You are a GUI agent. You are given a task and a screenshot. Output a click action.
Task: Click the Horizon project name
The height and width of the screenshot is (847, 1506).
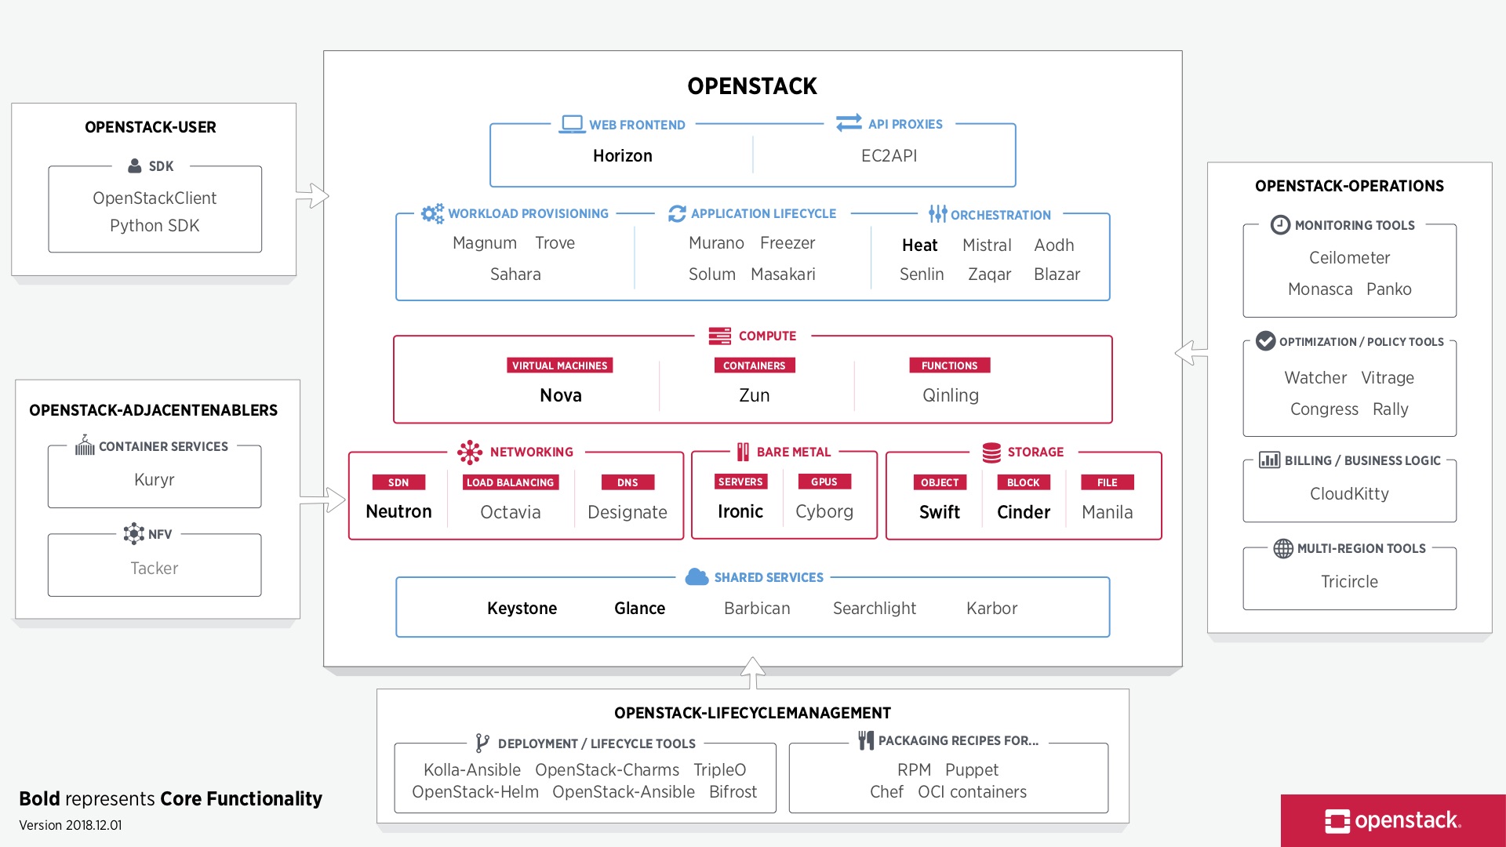click(622, 155)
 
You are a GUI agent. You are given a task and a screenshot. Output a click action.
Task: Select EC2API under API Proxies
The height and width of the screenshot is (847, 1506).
click(889, 155)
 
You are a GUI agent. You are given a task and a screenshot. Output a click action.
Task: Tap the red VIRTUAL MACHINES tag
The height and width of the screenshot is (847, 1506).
click(559, 365)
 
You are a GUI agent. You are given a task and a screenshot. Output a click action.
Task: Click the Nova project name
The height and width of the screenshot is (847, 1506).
click(560, 395)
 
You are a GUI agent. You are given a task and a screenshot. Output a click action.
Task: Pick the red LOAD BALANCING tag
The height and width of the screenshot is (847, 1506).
click(510, 482)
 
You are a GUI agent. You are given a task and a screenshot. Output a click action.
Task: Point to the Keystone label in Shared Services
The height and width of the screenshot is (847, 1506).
click(522, 608)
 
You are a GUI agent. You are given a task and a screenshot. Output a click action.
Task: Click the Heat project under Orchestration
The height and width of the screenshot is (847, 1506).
click(919, 245)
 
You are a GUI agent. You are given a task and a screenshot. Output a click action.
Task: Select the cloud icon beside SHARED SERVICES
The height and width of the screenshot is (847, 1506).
click(697, 577)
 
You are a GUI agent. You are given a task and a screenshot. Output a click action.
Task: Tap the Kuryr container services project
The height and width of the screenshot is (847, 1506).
click(154, 479)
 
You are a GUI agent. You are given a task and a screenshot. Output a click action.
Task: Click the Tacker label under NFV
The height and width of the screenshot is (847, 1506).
click(154, 568)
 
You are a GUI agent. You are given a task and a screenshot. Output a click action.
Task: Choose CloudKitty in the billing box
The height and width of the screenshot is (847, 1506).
click(1349, 493)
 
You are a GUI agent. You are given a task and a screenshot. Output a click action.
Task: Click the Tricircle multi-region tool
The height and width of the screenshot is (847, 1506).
click(1349, 581)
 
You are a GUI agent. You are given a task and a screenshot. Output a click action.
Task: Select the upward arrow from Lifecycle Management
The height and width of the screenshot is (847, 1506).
click(752, 672)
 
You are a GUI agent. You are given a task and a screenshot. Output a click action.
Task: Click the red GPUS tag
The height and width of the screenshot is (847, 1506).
click(824, 482)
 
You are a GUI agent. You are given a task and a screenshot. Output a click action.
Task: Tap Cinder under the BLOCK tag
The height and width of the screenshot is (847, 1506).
click(1023, 512)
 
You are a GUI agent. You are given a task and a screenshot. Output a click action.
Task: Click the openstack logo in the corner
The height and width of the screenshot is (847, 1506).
click(1392, 820)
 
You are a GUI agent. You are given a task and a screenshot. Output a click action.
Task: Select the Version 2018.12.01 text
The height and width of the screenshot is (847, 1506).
click(71, 825)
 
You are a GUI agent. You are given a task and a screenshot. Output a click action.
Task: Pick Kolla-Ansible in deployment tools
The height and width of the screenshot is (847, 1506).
click(471, 769)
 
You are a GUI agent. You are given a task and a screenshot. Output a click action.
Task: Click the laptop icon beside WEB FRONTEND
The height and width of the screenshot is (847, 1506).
click(572, 124)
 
